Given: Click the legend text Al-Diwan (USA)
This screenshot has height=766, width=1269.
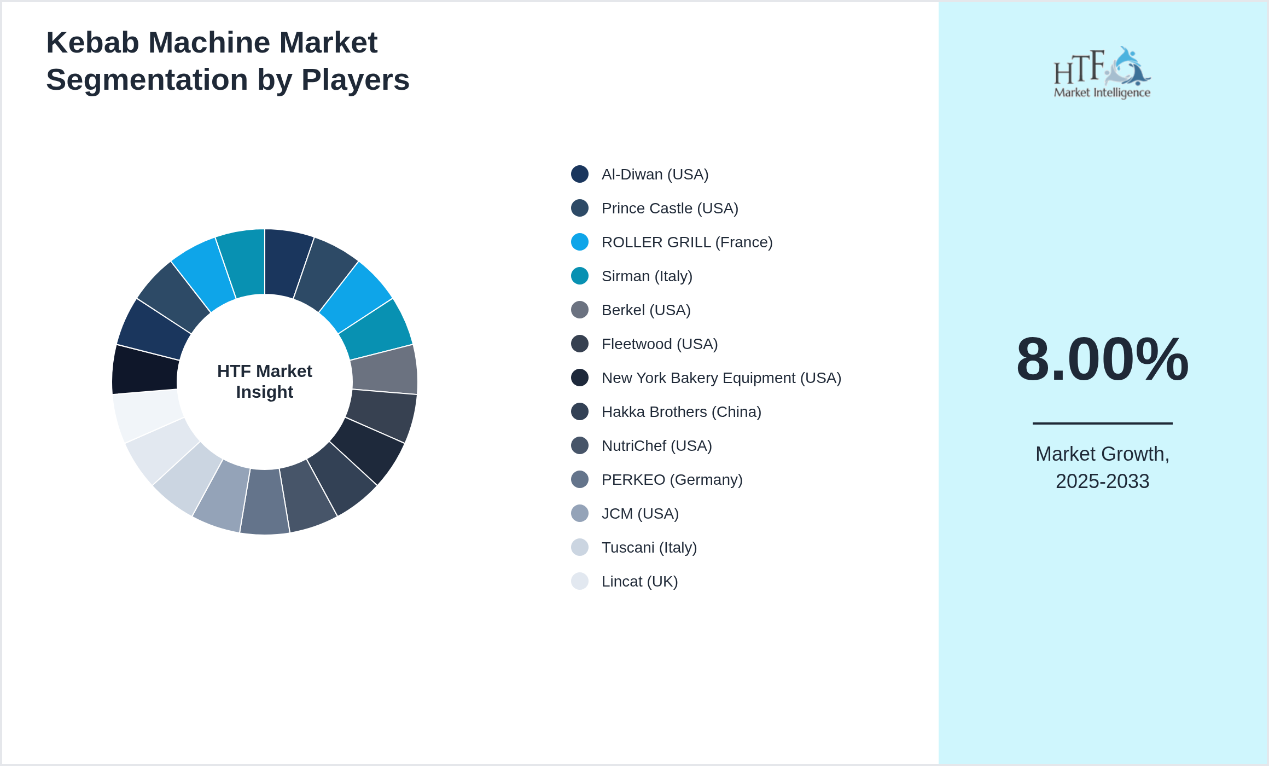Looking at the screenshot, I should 655,175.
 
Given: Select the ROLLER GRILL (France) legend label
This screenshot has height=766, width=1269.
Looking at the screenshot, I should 687,242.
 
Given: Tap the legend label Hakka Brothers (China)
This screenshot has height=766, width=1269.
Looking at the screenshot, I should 681,412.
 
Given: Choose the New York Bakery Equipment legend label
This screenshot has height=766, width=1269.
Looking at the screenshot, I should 721,378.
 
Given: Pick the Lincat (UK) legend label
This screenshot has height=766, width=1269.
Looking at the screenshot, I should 639,582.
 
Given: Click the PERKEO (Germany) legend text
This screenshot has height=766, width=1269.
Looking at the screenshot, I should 672,480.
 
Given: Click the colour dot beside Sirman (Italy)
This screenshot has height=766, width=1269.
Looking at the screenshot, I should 580,276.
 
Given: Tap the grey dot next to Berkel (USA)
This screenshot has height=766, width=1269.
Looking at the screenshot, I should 580,310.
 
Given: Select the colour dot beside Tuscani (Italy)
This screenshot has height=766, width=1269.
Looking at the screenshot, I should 580,548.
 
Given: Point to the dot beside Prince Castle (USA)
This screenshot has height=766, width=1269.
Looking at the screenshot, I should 580,208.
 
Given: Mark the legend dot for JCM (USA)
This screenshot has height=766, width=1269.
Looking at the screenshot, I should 580,514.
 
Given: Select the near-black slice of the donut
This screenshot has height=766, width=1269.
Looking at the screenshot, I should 145,370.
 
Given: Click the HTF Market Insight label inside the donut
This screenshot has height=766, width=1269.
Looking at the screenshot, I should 265,382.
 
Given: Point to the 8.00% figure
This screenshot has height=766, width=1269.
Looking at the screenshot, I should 1102,359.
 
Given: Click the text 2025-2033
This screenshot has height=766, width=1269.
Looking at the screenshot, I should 1102,481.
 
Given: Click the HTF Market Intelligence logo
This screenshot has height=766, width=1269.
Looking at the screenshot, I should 1102,73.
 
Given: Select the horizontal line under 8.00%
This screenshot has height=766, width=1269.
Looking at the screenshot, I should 1102,423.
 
